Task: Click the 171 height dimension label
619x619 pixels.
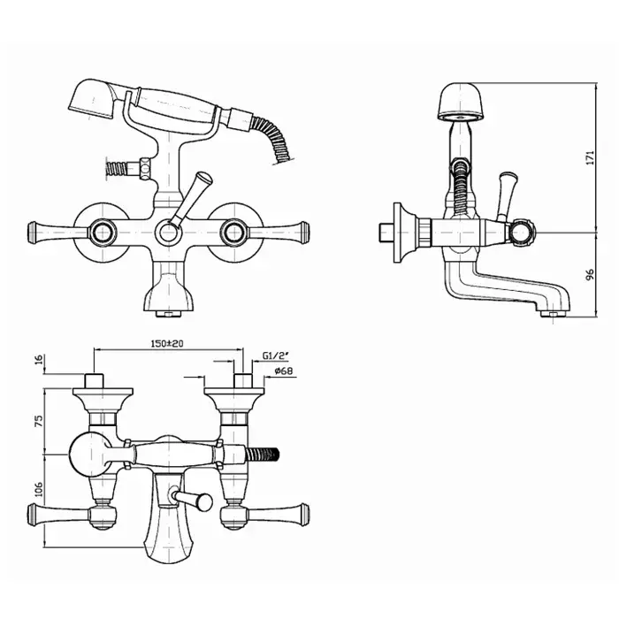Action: click(590, 157)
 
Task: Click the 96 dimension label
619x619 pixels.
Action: click(590, 275)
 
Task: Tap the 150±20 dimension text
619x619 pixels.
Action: click(167, 343)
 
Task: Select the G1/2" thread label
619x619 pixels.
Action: click(276, 355)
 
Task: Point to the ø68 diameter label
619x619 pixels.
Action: click(284, 371)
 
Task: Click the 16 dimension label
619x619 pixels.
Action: click(39, 360)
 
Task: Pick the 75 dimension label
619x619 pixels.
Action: click(39, 421)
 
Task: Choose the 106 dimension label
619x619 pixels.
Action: click(39, 490)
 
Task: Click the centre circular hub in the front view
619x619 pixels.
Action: click(169, 233)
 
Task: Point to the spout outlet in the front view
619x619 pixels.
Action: click(169, 314)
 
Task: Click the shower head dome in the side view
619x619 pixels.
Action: click(461, 101)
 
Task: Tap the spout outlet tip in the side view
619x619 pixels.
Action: click(553, 314)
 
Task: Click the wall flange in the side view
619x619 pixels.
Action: click(403, 233)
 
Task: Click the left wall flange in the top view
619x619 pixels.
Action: click(103, 400)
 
